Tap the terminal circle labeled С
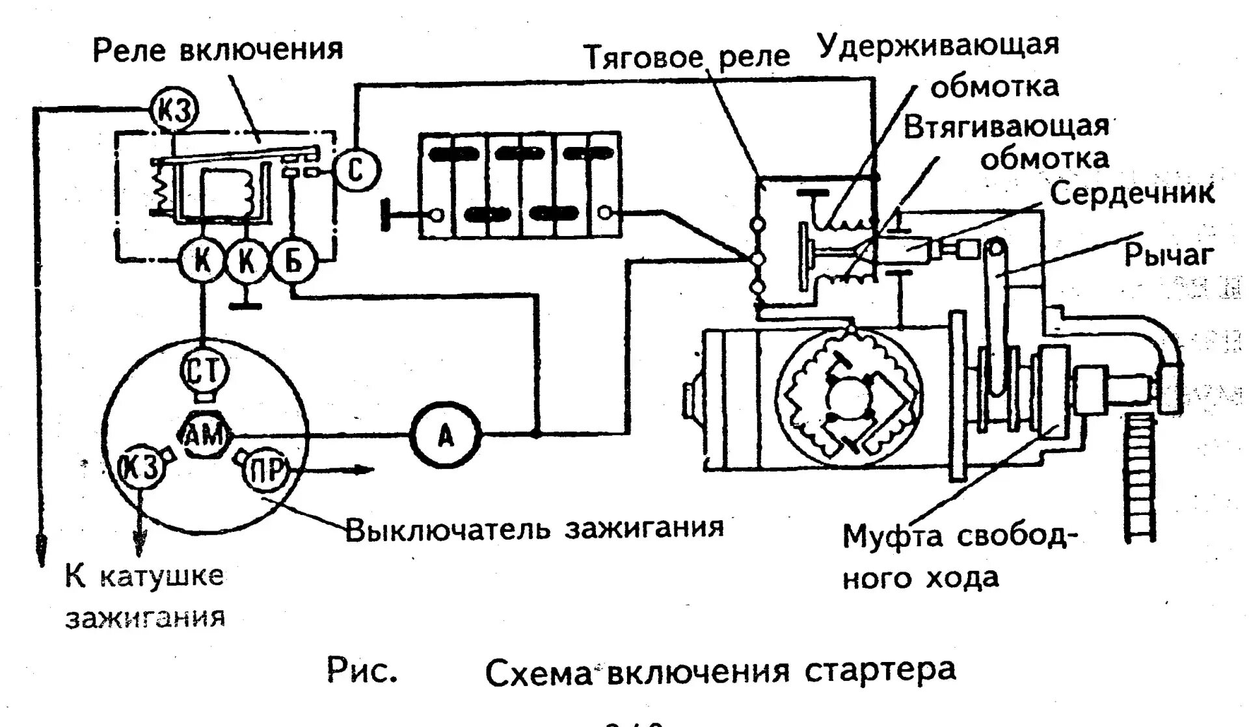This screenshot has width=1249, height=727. (x=356, y=169)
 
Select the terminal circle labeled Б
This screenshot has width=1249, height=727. (x=293, y=261)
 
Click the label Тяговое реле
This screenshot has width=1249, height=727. (x=686, y=57)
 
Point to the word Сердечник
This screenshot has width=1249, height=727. (x=1132, y=194)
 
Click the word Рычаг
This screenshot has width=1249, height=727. (x=1169, y=256)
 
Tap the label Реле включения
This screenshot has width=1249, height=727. (x=218, y=50)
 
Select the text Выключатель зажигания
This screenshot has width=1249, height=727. (x=533, y=529)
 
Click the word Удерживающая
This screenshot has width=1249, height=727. (x=938, y=46)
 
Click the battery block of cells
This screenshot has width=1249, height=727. (x=519, y=185)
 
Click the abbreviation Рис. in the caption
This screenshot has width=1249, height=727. (x=362, y=671)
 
